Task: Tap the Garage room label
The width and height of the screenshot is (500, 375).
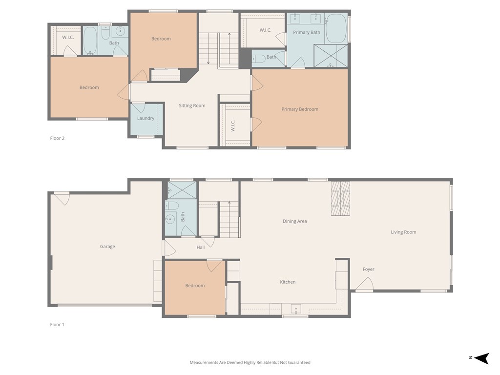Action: point(107,247)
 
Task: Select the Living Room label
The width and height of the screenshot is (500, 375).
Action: point(403,232)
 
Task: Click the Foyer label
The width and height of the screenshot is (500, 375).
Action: point(368,269)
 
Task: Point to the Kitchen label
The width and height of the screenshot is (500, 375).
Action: point(288,282)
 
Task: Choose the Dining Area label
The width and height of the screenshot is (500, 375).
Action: point(295,221)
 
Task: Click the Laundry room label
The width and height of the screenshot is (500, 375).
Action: point(146,118)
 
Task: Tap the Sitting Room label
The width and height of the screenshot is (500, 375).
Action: point(192,105)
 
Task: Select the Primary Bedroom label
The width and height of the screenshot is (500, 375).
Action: point(300,109)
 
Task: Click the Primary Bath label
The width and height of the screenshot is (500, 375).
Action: point(307,32)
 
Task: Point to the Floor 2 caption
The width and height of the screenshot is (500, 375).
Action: point(57,138)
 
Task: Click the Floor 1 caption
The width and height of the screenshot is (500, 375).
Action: point(57,324)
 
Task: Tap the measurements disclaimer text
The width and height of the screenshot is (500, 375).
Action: point(250,362)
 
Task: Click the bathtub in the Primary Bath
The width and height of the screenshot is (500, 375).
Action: point(336,28)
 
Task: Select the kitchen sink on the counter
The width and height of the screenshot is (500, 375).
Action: point(295,309)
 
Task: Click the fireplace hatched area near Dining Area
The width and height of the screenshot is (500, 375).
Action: point(340,198)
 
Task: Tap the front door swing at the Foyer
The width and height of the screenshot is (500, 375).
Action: point(365,284)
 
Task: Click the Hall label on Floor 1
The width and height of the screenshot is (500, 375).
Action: point(201,248)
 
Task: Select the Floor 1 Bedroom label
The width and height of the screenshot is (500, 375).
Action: point(195,286)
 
